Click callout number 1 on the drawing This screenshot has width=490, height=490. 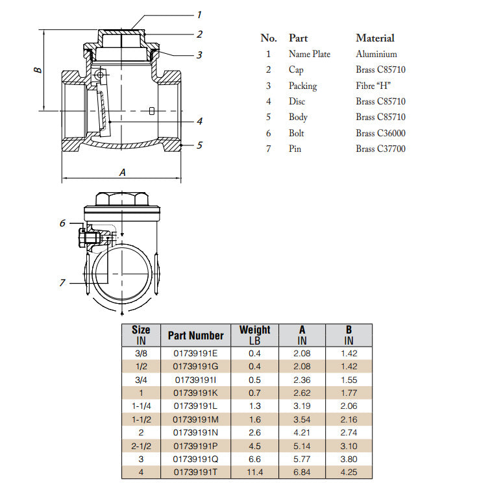tap(199, 14)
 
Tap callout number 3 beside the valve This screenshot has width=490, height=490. tap(199, 55)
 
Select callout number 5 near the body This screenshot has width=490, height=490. tap(199, 145)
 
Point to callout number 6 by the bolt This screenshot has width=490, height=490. tap(63, 223)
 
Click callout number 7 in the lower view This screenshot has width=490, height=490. tap(63, 282)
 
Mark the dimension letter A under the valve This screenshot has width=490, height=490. tap(122, 172)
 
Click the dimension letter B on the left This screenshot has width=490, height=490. tap(38, 69)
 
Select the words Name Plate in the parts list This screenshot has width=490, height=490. tap(309, 54)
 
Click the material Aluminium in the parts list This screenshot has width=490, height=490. tap(376, 54)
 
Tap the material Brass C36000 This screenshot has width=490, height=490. tap(380, 133)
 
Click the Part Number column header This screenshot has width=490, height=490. tap(195, 335)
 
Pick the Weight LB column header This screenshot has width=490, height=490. tap(254, 335)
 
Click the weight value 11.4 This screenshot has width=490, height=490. tap(254, 472)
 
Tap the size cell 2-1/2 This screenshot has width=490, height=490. tap(141, 446)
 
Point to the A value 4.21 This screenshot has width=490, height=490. tap(302, 432)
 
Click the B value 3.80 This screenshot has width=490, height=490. tap(349, 459)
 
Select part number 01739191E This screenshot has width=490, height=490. tap(195, 354)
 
